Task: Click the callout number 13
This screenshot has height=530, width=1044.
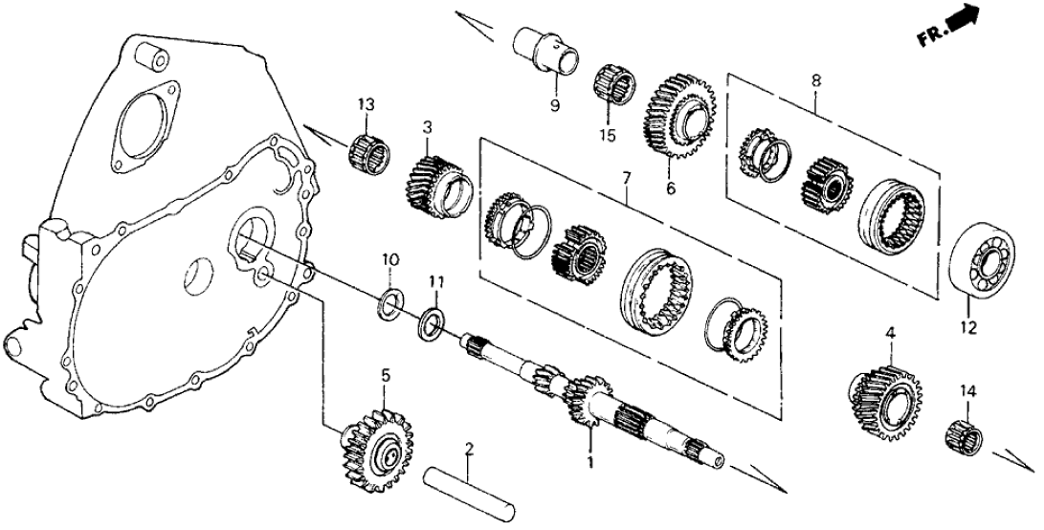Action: point(365,103)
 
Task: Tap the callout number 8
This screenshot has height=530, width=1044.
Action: point(815,82)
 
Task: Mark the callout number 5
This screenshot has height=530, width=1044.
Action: point(387,376)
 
